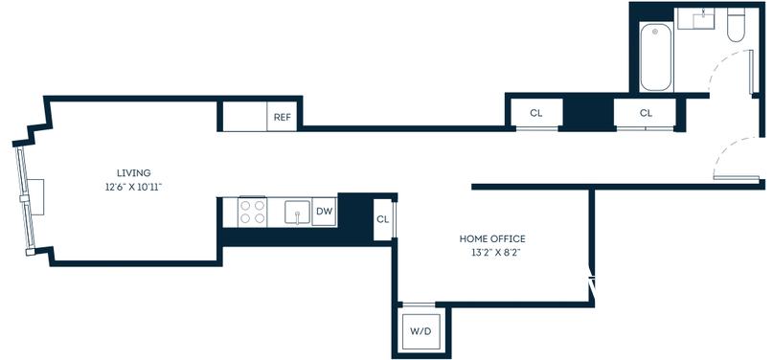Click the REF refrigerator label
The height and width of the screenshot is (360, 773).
pos(283,117)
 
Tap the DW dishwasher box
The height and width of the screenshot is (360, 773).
pos(325,212)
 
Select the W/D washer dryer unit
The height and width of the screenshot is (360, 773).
pos(421,331)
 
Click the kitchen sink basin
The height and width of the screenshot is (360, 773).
pos(297,213)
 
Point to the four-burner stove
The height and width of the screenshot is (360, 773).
pos(253,213)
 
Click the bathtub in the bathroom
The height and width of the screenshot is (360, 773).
pos(656,56)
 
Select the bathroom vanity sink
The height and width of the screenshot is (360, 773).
pos(702,19)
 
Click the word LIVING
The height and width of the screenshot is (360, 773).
pos(133,173)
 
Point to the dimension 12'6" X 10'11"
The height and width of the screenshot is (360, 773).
pos(133,187)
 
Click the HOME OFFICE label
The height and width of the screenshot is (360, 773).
pos(492,239)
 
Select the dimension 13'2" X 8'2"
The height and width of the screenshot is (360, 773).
pos(492,253)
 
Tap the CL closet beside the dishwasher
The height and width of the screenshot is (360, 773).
pos(382,219)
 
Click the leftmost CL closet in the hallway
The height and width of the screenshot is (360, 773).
pos(535,113)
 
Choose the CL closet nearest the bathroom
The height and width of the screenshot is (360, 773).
pos(646,113)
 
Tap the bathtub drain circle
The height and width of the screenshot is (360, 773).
pos(655,32)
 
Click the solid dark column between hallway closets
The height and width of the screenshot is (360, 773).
pos(588,112)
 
